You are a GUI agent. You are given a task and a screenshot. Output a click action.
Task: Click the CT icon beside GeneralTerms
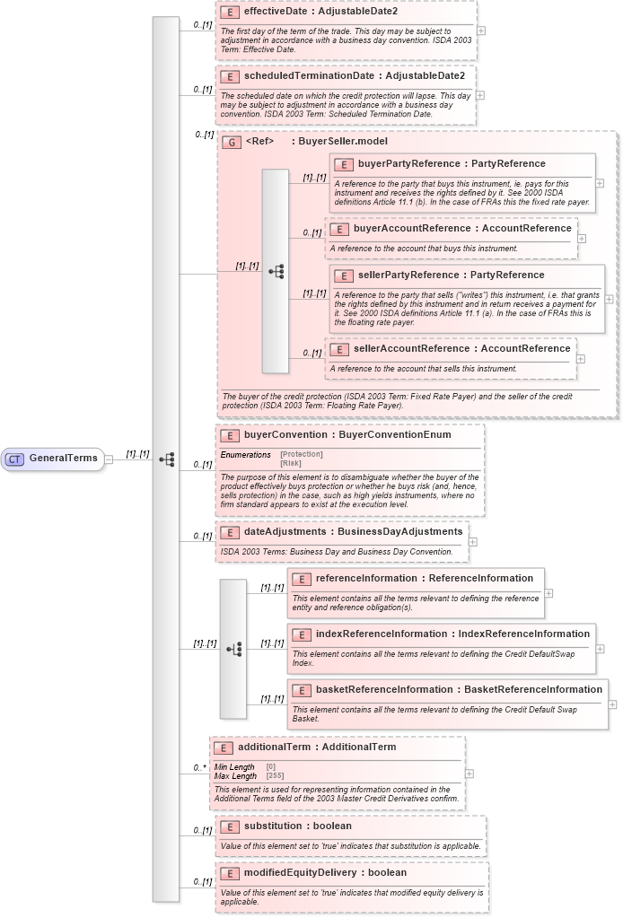(x=14, y=459)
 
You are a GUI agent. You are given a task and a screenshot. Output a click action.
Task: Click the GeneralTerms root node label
(x=63, y=459)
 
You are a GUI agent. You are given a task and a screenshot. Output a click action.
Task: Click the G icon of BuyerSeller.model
(x=232, y=142)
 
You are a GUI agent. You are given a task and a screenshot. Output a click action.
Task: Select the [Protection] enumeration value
(x=301, y=454)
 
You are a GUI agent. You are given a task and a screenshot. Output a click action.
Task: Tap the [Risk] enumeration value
(x=291, y=462)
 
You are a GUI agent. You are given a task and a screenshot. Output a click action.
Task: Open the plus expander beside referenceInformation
(x=548, y=593)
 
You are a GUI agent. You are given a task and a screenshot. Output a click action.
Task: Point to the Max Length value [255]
(x=276, y=775)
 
